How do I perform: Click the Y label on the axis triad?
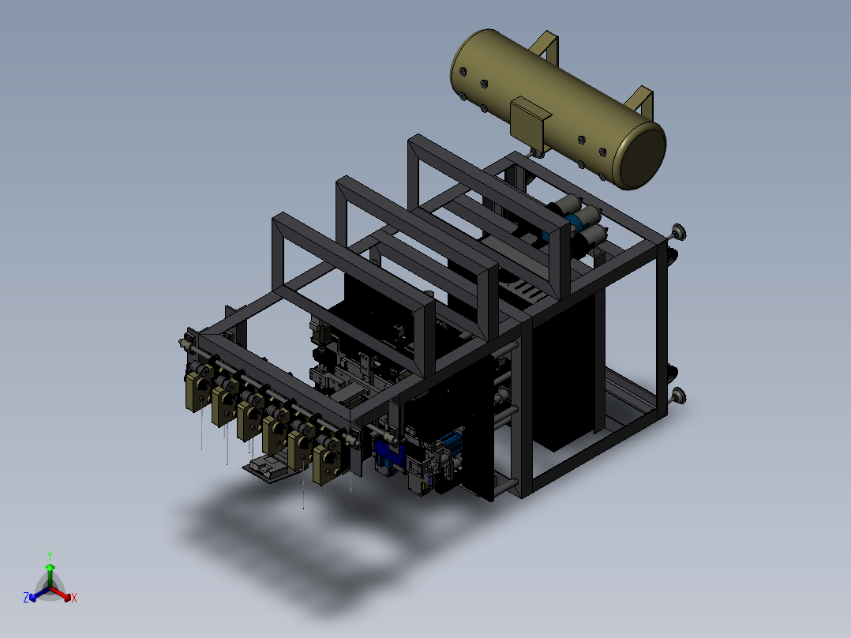coord(50,555)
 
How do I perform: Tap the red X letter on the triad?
coord(74,598)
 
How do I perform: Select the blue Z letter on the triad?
coord(26,597)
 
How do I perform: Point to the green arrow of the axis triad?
coord(50,575)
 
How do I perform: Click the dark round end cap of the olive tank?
coord(643,156)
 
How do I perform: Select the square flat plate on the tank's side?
coord(529,118)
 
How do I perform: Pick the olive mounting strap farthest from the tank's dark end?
coord(544,46)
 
